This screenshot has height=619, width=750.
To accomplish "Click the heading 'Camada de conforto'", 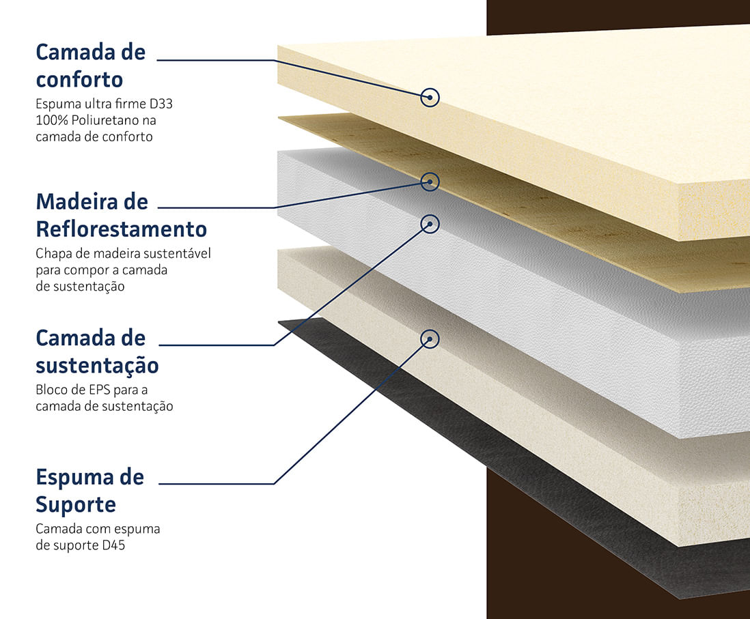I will pos(90,66).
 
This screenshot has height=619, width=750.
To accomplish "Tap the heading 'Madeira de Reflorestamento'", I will pos(121,214).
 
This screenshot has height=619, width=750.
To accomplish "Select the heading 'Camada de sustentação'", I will pos(97,351).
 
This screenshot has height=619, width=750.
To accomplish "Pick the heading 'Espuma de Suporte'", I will pos(90,490).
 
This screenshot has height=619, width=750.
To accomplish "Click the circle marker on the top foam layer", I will pos(430,98).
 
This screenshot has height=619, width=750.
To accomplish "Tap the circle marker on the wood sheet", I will pos(430,181).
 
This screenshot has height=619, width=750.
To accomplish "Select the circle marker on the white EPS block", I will pos(430,223).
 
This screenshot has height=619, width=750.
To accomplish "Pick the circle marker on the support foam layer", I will pos(430,339).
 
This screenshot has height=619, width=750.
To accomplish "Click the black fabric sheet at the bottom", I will pos(546,491).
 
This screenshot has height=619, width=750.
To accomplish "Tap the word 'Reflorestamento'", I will pos(121,228).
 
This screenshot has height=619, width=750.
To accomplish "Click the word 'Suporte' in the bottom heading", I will pos(76,505).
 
